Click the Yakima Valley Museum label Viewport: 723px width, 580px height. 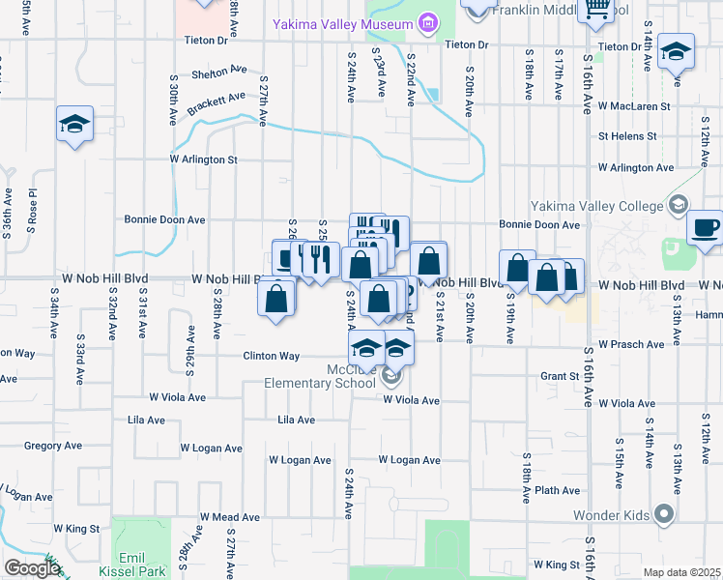[x=344, y=23]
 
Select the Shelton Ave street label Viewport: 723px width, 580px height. [x=219, y=72]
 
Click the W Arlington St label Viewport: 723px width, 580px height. [x=203, y=159]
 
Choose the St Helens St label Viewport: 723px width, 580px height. [x=626, y=136]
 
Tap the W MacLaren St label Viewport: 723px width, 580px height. [x=634, y=105]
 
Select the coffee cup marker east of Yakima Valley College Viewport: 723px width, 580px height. [x=705, y=230]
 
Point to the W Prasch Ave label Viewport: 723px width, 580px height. [x=630, y=344]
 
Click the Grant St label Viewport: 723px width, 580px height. [x=559, y=375]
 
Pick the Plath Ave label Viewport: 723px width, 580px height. [x=558, y=490]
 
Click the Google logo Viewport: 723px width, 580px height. [x=32, y=568]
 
